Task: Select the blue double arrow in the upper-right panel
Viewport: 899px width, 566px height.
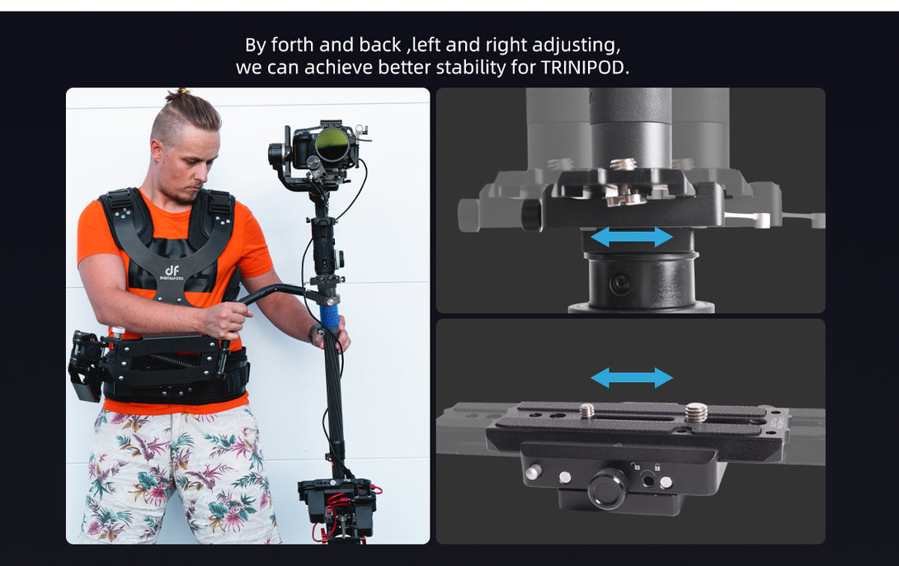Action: click(x=632, y=237)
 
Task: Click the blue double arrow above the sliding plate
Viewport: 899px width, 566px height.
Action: click(x=632, y=378)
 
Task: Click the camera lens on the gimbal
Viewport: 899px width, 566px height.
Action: click(x=332, y=144)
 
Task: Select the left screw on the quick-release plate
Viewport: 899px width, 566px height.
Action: click(x=587, y=411)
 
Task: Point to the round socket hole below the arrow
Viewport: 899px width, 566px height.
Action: click(x=620, y=283)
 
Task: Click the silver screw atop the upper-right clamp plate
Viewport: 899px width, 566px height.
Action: click(x=623, y=165)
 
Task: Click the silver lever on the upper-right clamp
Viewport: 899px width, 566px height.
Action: click(x=748, y=218)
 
